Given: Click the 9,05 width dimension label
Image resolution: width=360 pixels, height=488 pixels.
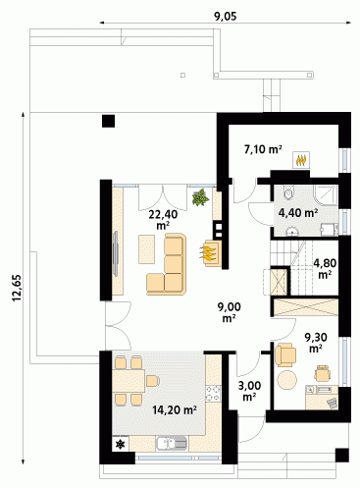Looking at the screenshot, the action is [x=226, y=17].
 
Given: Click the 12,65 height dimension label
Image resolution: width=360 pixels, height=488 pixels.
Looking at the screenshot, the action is [x=17, y=288].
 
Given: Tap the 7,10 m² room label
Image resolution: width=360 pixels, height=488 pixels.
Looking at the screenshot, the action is [x=263, y=149].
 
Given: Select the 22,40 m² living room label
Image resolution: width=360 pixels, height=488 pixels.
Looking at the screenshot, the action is [x=163, y=220].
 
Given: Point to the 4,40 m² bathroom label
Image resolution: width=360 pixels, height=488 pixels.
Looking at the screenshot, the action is [x=298, y=213].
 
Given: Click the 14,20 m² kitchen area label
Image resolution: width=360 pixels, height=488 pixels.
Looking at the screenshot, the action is [x=175, y=409].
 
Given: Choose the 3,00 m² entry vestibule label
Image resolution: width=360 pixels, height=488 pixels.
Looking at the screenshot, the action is [x=249, y=391].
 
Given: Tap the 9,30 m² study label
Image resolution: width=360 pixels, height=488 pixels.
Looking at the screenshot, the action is [x=316, y=343].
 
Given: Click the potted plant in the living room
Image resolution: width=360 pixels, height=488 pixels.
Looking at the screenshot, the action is [x=200, y=197].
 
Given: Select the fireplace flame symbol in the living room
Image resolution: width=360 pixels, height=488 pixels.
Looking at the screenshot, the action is [x=208, y=253].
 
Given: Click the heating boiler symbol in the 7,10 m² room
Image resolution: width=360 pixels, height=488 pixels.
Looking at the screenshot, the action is [x=301, y=160].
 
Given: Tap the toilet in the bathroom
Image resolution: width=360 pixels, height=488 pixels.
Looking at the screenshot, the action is [x=288, y=192].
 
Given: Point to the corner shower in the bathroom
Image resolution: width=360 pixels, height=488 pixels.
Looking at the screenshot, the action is [x=326, y=195].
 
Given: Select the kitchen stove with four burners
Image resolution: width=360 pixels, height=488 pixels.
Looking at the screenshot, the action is [x=213, y=394].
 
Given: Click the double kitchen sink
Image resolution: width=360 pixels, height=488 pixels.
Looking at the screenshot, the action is [x=172, y=444].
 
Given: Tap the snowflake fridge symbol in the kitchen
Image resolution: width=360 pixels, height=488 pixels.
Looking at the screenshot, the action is [x=121, y=444].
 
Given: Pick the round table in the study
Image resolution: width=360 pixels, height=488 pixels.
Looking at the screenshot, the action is [x=287, y=380].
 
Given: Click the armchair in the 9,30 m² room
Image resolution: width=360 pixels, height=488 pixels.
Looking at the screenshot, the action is [x=285, y=354].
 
